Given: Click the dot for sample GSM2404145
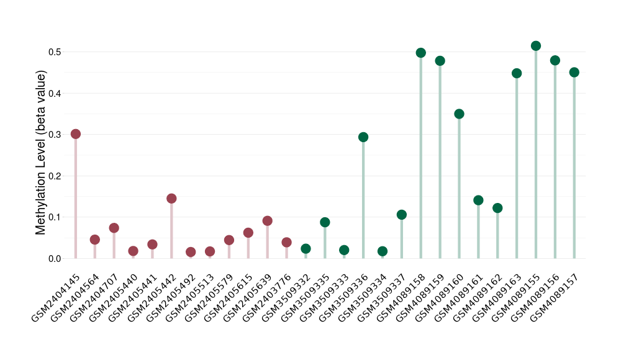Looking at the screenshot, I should (76, 134).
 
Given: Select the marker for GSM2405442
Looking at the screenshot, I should (171, 199).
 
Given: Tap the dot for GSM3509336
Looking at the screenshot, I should (363, 137).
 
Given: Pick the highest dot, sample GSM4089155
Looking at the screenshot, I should (536, 46).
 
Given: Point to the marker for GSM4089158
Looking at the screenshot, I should (421, 53).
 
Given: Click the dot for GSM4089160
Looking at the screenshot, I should (460, 114).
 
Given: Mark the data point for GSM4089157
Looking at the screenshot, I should (574, 72).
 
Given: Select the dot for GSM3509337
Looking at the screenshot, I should (402, 215).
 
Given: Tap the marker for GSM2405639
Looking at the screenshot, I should (268, 221).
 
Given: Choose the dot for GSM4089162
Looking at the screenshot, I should (497, 208).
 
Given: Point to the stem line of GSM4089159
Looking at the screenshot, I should (440, 161).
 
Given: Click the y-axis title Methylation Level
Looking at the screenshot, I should (41, 153).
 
